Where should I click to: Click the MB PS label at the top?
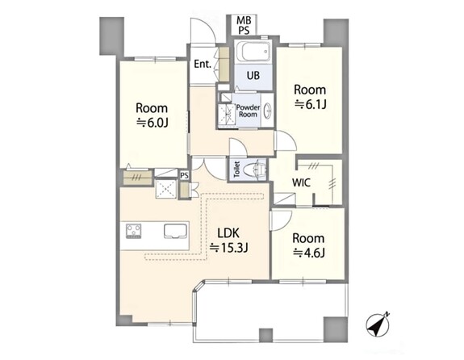pyautogui.click(x=244, y=26)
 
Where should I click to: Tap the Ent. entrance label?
pyautogui.click(x=203, y=65)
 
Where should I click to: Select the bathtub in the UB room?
pyautogui.click(x=254, y=52)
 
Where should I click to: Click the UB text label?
pyautogui.click(x=253, y=76)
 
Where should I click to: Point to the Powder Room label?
pyautogui.click(x=249, y=111)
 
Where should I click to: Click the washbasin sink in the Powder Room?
pyautogui.click(x=268, y=111)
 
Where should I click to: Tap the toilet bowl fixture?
pyautogui.click(x=254, y=170)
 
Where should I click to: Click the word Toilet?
pyautogui.click(x=236, y=169)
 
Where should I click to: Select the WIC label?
pyautogui.click(x=301, y=182)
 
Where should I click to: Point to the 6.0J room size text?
pyautogui.click(x=152, y=123)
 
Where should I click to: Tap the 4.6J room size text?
pyautogui.click(x=309, y=253)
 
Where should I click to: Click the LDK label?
pyautogui.click(x=228, y=233)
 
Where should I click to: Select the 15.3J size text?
pyautogui.click(x=228, y=248)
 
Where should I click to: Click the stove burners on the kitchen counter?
pyautogui.click(x=134, y=231)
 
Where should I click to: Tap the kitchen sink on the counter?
pyautogui.click(x=175, y=231)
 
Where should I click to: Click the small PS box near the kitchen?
pyautogui.click(x=184, y=175)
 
